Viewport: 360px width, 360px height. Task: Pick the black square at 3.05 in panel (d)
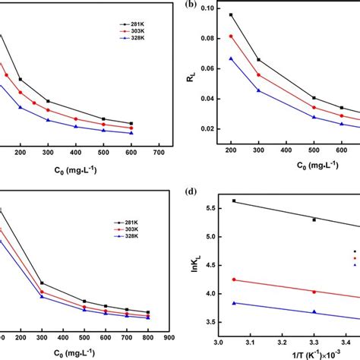tap(234, 201)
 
